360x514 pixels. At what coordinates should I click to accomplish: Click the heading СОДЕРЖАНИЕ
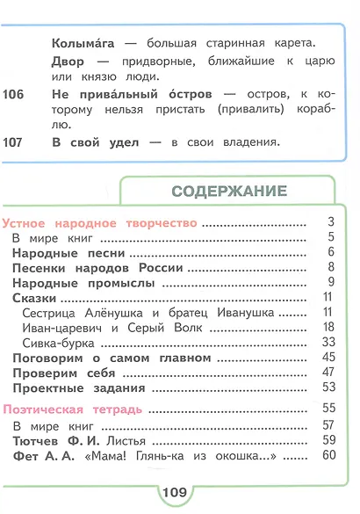pyautogui.click(x=229, y=191)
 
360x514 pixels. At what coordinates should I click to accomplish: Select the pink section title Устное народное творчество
pyautogui.click(x=100, y=223)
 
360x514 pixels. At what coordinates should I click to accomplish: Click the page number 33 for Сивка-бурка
pyautogui.click(x=329, y=342)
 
